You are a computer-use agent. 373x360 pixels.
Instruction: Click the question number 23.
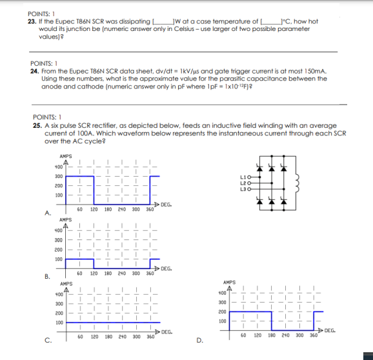[x=33, y=21]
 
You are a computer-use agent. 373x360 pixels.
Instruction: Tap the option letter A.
[x=47, y=212]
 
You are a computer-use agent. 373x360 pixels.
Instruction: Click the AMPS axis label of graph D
[x=228, y=283]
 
